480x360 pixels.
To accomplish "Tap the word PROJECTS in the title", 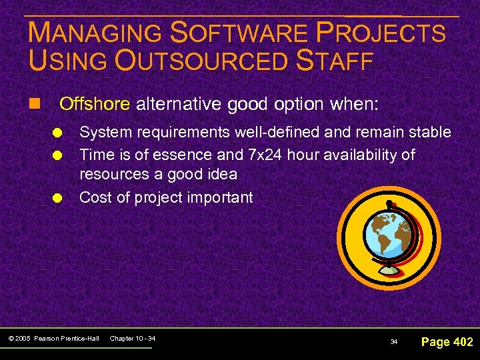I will [x=390, y=33].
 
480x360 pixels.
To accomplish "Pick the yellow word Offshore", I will [x=95, y=104].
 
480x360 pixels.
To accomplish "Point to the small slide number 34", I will [x=393, y=342].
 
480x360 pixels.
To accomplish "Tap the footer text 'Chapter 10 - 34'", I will [x=133, y=339].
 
